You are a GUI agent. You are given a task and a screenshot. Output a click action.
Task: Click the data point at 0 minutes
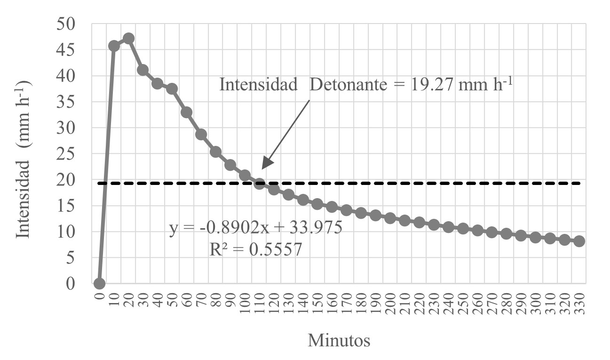[x=99, y=283]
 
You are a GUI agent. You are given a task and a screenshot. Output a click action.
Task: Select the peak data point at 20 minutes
[x=128, y=39]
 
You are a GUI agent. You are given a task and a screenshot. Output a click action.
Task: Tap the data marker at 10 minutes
[x=114, y=46]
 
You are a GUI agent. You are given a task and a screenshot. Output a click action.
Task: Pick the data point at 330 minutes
[x=579, y=241]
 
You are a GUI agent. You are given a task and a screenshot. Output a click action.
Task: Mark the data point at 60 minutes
[x=187, y=112]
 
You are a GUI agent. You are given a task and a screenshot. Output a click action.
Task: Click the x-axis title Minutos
[x=339, y=340]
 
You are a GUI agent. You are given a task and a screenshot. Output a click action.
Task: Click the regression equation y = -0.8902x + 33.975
[x=255, y=230]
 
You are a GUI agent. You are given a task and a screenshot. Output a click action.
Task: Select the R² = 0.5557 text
[x=255, y=250]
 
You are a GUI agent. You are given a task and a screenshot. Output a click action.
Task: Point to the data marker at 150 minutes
[x=317, y=204]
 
